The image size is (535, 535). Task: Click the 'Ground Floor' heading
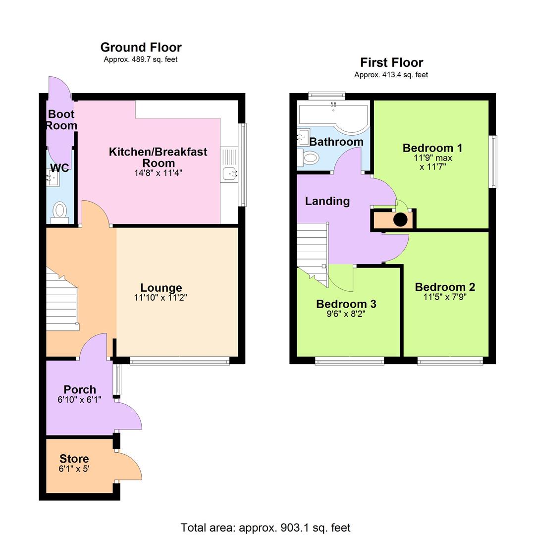coord(141,48)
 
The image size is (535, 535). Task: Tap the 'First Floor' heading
coord(391,63)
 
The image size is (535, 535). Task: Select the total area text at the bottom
coord(265,528)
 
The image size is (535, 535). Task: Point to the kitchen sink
coord(230,174)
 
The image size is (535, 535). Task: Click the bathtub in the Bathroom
coord(333,117)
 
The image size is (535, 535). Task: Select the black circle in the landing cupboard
coord(400,219)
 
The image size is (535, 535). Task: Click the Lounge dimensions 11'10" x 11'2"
coord(160,298)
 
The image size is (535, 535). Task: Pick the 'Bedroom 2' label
coord(445,287)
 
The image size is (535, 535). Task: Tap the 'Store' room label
coord(74,459)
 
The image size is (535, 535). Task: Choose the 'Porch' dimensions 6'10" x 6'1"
coord(79,399)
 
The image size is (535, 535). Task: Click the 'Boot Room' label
coord(61,120)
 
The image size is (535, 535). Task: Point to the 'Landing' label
coord(327,201)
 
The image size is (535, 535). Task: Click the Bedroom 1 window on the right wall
coord(493,162)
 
